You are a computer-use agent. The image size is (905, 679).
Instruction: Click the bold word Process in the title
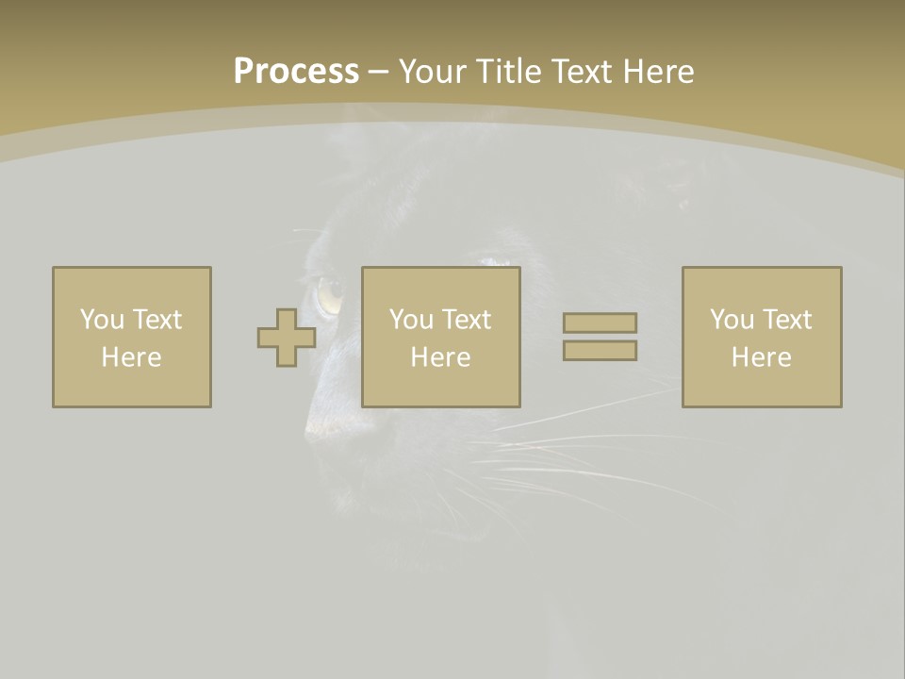296,72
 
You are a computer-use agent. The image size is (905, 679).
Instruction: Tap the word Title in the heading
510,72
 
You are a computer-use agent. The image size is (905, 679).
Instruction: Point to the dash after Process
379,73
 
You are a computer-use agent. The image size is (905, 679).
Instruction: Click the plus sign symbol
287,338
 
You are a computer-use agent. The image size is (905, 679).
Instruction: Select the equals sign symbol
600,337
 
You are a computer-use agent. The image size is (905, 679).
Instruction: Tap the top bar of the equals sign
600,323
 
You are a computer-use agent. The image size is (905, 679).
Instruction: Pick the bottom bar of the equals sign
600,351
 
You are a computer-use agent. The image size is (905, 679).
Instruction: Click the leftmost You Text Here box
132,337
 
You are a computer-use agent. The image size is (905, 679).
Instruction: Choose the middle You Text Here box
441,337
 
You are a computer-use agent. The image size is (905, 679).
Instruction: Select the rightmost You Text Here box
762,337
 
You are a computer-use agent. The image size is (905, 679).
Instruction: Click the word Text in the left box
157,320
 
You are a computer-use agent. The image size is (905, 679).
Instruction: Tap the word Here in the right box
762,357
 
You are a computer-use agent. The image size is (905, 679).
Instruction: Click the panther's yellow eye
330,296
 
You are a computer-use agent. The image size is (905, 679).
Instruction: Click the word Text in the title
581,72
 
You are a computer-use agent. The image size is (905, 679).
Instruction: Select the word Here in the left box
132,357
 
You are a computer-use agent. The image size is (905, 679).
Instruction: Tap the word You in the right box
732,320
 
